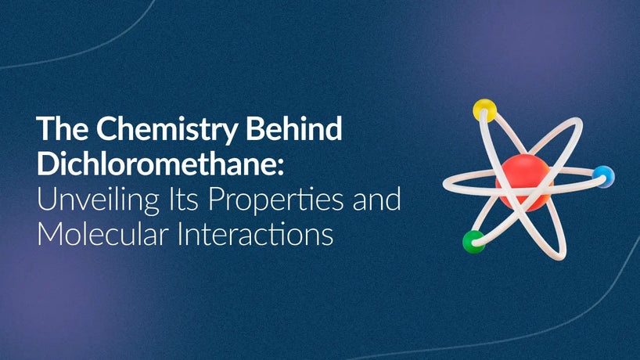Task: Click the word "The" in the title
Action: [62, 128]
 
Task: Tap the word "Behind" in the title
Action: [294, 128]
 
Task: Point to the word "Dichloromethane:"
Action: [160, 164]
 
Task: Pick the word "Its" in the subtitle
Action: [183, 199]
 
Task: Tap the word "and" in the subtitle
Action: [377, 198]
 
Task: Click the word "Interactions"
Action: [256, 234]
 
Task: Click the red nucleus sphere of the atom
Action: [524, 182]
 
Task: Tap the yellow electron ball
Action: [484, 110]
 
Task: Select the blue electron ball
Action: [603, 176]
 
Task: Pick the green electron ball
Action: [474, 242]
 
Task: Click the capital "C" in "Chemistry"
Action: [106, 128]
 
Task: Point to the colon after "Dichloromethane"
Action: [280, 167]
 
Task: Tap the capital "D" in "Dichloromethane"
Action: [48, 164]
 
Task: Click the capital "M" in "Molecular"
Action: [50, 234]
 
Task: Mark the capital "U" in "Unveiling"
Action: [46, 199]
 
